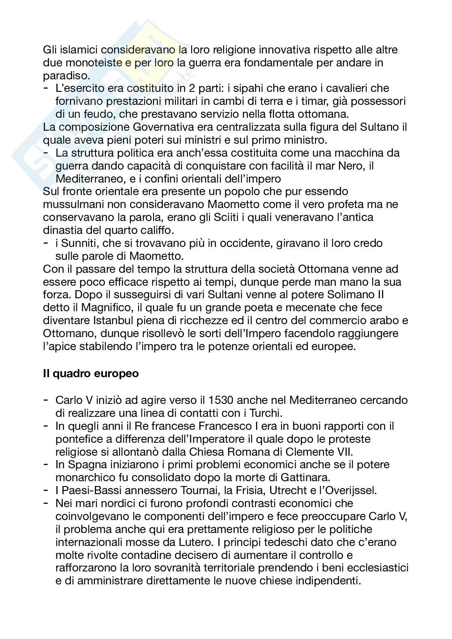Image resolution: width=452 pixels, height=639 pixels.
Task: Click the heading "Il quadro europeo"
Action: (x=91, y=373)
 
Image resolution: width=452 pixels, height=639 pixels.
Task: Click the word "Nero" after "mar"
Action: (x=351, y=166)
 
